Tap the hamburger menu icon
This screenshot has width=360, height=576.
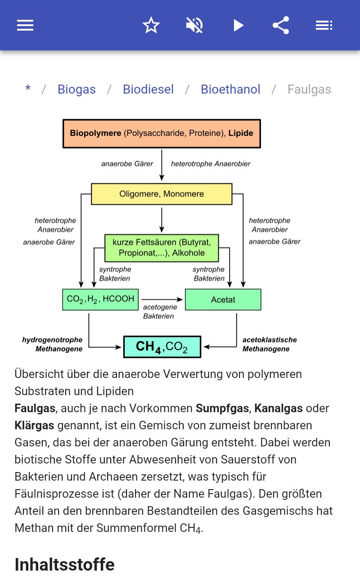25,25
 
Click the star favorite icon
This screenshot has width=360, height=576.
151,25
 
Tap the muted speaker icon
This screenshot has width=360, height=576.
194,25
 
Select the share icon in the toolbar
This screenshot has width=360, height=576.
281,25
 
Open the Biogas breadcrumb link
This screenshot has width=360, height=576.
76,90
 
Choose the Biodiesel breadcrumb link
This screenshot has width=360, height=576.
148,90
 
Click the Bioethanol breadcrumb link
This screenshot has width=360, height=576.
230,90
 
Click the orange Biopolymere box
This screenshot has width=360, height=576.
162,134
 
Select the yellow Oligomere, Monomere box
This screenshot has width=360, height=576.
162,194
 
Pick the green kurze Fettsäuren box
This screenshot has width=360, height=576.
162,248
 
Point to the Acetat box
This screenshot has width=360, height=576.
223,300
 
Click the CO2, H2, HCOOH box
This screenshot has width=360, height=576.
100,300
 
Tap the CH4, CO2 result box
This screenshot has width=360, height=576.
162,347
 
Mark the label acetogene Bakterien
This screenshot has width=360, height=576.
160,311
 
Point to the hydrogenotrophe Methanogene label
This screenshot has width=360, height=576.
53,344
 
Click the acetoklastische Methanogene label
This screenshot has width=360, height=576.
270,344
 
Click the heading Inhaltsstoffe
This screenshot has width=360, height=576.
64,564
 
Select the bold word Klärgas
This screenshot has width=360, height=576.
34,425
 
